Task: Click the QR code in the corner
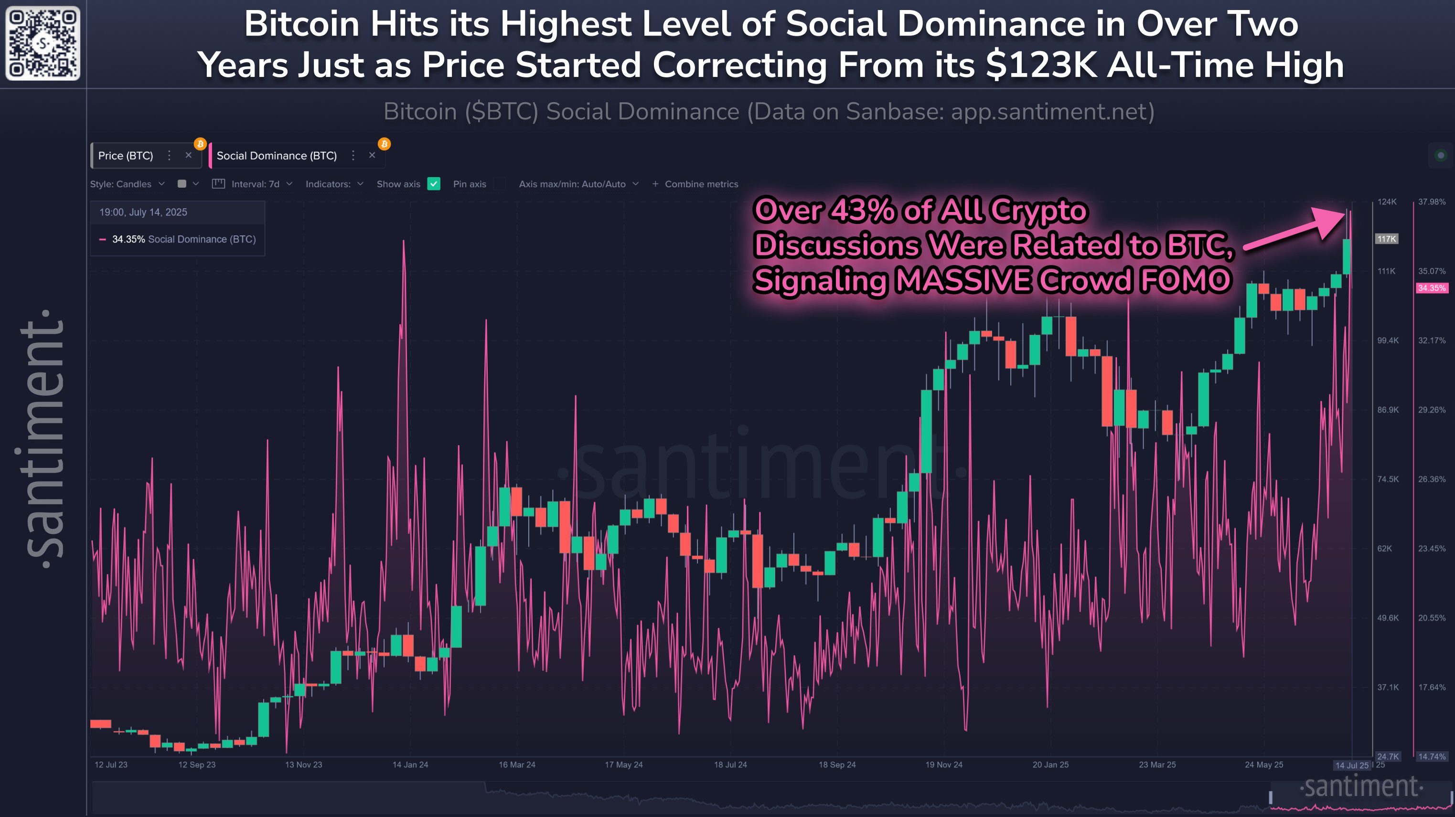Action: point(43,43)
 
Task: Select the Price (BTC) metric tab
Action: point(126,156)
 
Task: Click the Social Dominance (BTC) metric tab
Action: point(276,156)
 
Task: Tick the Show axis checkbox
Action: point(434,184)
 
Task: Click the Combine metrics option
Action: point(695,184)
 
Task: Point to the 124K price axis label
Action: point(1387,202)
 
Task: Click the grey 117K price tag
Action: point(1386,239)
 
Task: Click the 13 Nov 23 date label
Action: point(303,764)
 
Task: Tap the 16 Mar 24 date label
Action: point(517,764)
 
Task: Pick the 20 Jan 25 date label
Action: point(1050,764)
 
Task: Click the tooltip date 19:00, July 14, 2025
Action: point(143,212)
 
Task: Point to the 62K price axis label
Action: point(1384,548)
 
